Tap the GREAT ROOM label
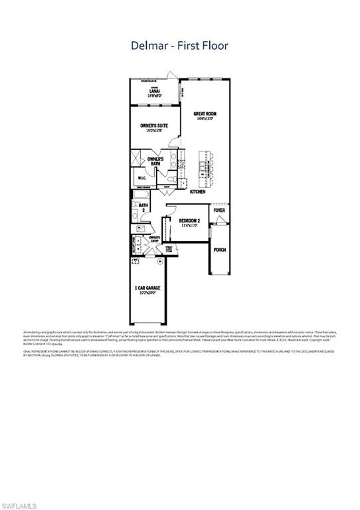[x=205, y=114]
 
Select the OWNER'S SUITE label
[x=153, y=126]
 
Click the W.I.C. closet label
[x=141, y=178]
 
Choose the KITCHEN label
[x=198, y=191]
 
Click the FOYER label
[x=219, y=211]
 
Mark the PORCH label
[x=219, y=250]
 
